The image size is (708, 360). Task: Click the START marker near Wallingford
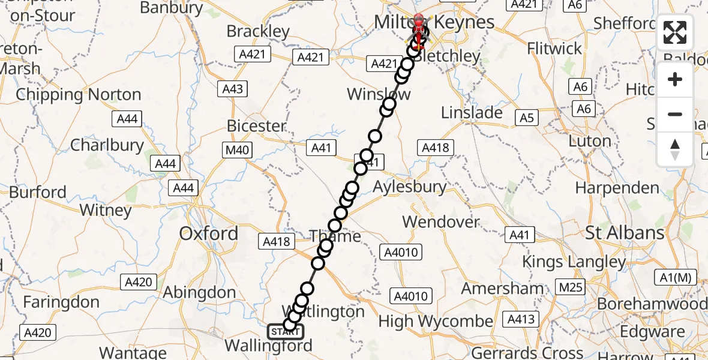click(285, 331)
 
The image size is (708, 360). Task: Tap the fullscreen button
click(675, 32)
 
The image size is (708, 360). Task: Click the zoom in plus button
click(675, 79)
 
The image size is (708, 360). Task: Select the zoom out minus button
click(675, 114)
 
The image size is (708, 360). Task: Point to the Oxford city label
click(209, 233)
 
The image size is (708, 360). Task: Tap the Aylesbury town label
click(409, 187)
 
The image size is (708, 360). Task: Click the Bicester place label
click(256, 126)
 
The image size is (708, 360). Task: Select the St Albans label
click(625, 232)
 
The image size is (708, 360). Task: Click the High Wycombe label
click(436, 322)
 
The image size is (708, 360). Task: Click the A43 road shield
click(233, 89)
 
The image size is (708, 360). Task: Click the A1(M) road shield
click(675, 278)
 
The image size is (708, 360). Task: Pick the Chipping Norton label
click(79, 95)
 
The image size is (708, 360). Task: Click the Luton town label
click(589, 142)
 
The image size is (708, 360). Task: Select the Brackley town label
click(258, 31)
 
